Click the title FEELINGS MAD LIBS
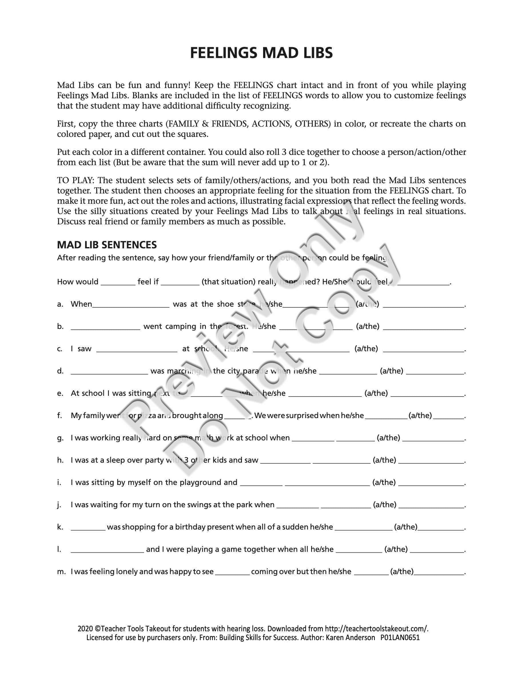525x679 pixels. click(x=261, y=53)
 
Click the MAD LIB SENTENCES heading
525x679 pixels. click(x=107, y=245)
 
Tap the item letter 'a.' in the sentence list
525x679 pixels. click(x=60, y=304)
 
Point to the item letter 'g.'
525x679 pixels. click(x=60, y=438)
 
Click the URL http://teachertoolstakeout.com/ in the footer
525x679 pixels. click(x=376, y=629)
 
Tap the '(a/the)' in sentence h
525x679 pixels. click(x=384, y=460)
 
